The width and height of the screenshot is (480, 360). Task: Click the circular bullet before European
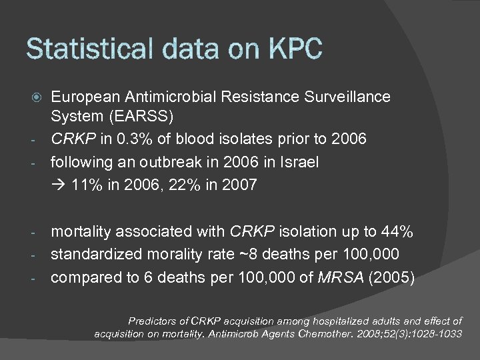39,97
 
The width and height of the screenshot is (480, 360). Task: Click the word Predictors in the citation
155,321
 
